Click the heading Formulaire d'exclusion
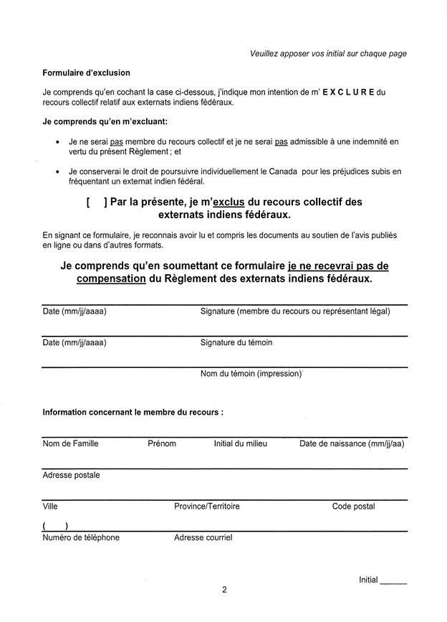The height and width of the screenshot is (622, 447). (86, 72)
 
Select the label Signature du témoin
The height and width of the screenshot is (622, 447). (236, 342)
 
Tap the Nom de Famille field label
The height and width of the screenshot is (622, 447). (70, 443)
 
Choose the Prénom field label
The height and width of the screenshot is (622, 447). (161, 443)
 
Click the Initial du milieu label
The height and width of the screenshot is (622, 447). (240, 443)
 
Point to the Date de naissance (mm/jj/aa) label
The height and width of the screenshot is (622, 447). (352, 443)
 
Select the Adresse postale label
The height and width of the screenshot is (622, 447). (71, 475)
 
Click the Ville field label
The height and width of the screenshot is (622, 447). (50, 506)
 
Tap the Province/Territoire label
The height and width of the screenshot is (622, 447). (207, 506)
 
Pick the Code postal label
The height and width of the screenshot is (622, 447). (353, 506)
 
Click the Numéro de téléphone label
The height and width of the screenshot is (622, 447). (81, 537)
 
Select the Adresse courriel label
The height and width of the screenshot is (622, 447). (203, 537)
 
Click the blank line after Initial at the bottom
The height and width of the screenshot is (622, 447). (394, 582)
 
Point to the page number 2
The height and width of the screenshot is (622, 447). (223, 590)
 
